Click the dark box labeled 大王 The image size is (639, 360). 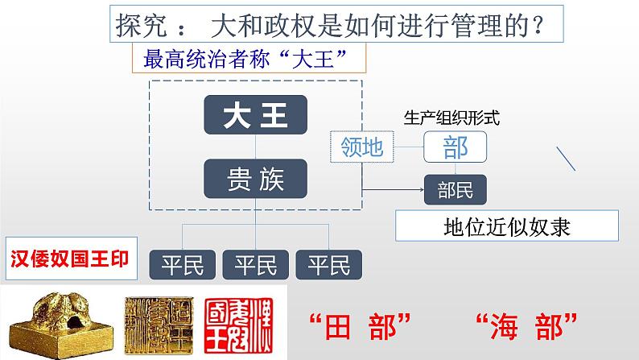tap(256, 114)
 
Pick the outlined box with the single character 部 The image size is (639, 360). tap(455, 147)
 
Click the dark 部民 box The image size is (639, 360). tap(455, 190)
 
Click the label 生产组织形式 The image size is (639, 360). tap(452, 118)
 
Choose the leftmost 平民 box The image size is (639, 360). tap(183, 264)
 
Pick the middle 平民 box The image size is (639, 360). tap(256, 264)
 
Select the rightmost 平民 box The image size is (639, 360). tap(329, 264)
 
